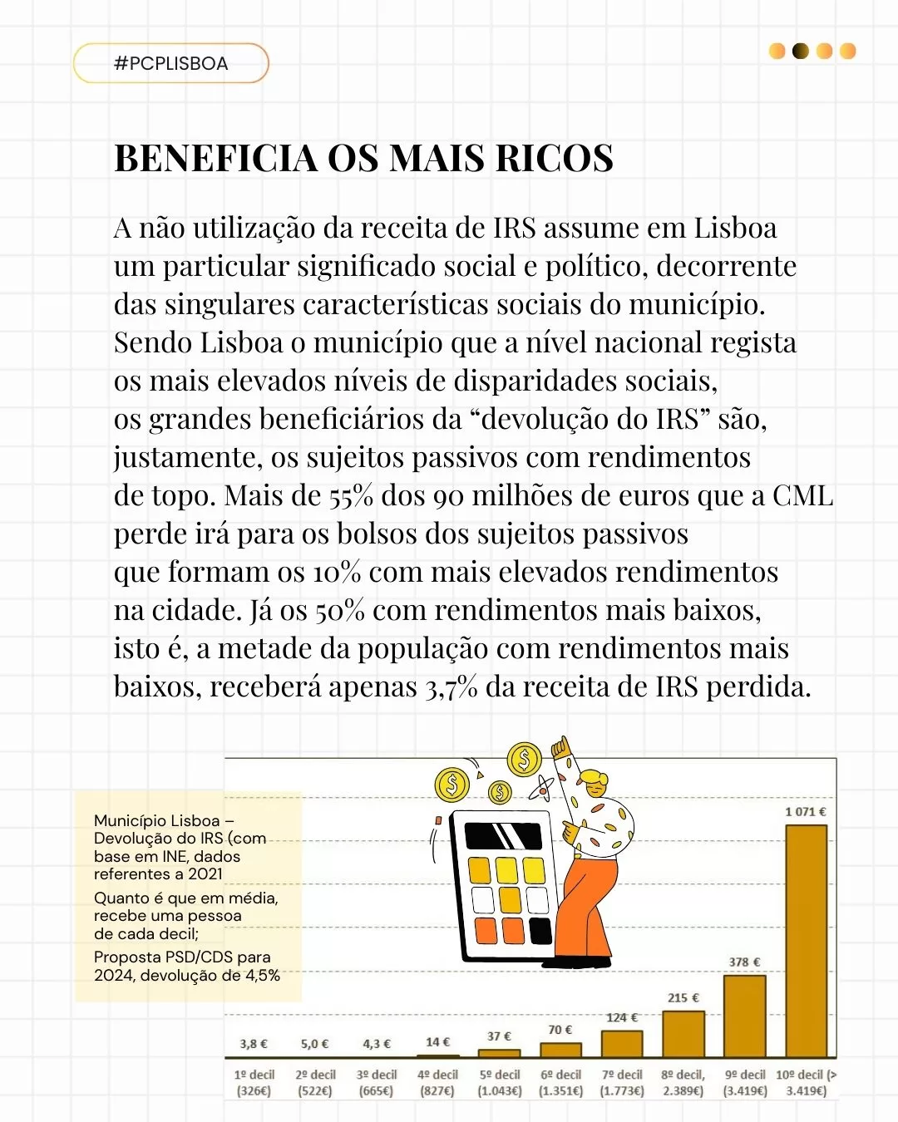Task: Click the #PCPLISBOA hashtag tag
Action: [170, 63]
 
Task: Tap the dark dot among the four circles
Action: [800, 52]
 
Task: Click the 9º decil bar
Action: [744, 1015]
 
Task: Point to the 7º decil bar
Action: [622, 1043]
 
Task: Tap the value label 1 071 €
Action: [805, 811]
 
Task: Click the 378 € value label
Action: [744, 962]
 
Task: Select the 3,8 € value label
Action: [254, 1044]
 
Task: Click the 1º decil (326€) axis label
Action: [254, 1082]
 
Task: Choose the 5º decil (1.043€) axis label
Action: [499, 1082]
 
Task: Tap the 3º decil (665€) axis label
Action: [377, 1082]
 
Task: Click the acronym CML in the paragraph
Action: [802, 496]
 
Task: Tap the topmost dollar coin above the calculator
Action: [525, 759]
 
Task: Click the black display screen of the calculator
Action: [502, 835]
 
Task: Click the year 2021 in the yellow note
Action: [205, 873]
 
